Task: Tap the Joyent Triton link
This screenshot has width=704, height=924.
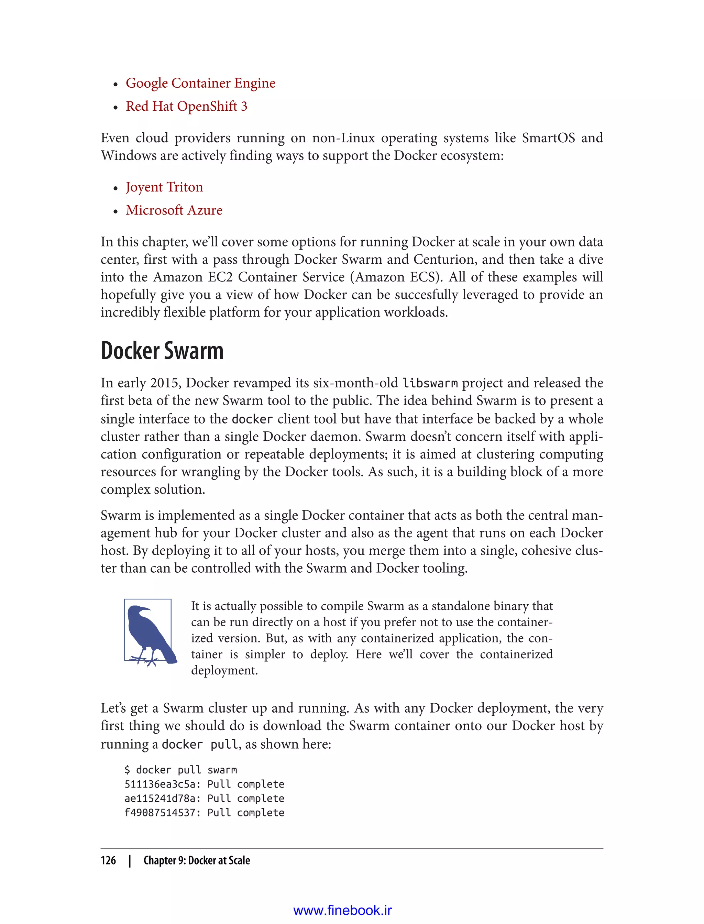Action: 164,187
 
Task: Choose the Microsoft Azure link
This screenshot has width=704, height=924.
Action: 174,210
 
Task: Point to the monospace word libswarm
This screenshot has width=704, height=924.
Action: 430,383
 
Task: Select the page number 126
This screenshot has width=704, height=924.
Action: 108,860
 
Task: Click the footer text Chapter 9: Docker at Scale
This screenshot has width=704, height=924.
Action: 197,860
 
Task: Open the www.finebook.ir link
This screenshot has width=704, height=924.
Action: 342,910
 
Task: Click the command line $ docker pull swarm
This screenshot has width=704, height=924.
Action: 180,770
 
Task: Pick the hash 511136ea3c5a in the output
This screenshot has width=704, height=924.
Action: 159,784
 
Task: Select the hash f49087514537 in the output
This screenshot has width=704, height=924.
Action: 159,813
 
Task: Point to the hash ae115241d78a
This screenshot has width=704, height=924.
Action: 159,798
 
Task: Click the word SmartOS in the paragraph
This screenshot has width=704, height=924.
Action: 548,138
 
